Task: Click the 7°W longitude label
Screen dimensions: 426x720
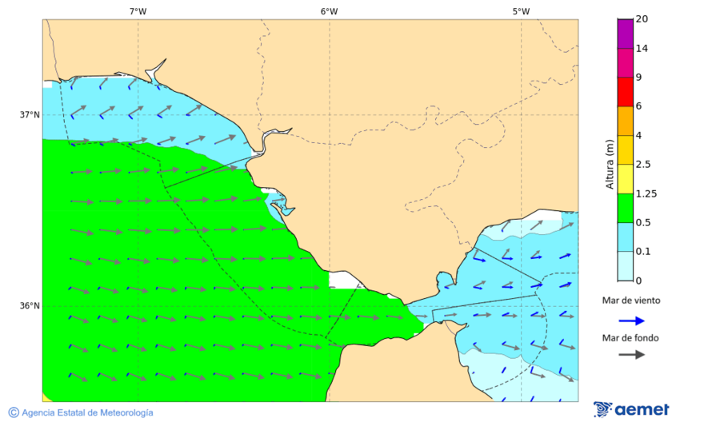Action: pos(138,11)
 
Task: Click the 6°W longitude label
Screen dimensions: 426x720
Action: pos(329,11)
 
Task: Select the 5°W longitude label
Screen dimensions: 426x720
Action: pos(521,11)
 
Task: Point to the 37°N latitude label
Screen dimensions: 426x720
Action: pos(30,114)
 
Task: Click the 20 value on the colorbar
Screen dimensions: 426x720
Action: pos(642,19)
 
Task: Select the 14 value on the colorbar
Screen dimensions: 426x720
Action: pos(642,48)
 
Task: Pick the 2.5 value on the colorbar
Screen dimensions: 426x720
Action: pos(642,165)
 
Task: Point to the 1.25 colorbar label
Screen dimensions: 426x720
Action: pos(645,193)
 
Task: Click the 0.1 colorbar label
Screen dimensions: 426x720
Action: pos(642,252)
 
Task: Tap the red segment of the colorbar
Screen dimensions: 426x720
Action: pos(625,92)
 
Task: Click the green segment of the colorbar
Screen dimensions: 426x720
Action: pos(625,208)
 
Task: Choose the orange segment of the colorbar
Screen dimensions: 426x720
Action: pos(625,121)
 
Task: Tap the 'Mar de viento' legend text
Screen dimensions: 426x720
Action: pos(631,301)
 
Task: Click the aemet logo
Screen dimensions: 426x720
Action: pos(631,409)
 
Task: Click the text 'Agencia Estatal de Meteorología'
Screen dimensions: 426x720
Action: pos(87,412)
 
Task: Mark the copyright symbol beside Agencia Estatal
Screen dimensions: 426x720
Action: pos(14,412)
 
